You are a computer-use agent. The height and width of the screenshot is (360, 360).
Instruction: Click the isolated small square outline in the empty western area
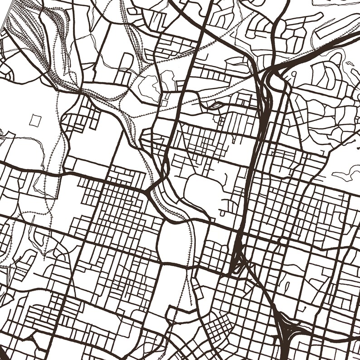(35, 120)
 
